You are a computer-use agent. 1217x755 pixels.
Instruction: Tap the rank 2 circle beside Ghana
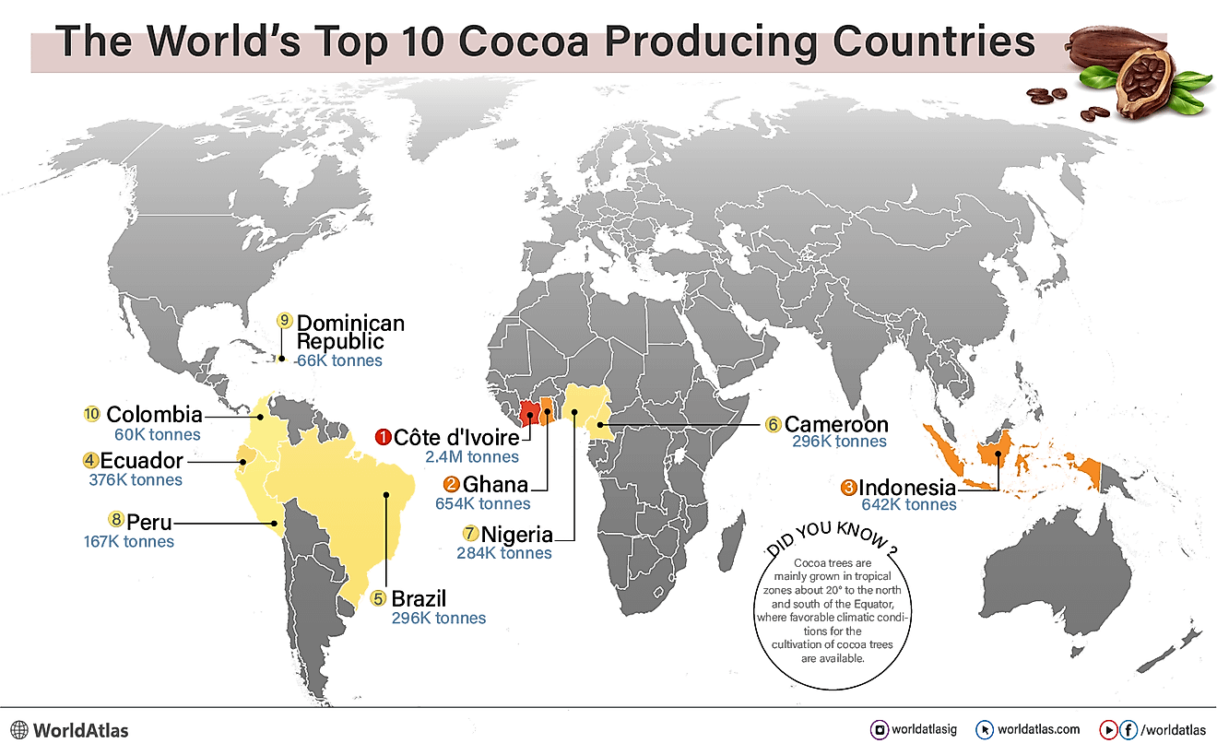(x=451, y=484)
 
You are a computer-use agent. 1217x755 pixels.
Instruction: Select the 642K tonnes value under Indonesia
(x=908, y=504)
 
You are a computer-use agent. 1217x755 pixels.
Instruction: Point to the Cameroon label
(x=836, y=424)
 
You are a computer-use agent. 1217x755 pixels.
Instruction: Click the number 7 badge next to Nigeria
(x=471, y=534)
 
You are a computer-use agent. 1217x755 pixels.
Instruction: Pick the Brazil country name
(x=419, y=598)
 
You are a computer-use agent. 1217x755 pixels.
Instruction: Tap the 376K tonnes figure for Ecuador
(x=133, y=479)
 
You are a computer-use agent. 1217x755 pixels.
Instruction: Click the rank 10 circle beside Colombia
(x=91, y=414)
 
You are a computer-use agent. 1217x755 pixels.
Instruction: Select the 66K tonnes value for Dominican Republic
(x=338, y=360)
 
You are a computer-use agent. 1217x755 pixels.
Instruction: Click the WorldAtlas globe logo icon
(x=18, y=730)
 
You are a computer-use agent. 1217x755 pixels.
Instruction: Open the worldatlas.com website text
(x=1038, y=729)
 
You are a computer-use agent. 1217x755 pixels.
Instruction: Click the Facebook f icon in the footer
(x=1128, y=729)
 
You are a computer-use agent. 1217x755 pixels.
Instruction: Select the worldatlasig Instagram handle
(x=924, y=729)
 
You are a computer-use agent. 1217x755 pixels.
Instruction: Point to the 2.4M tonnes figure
(x=472, y=456)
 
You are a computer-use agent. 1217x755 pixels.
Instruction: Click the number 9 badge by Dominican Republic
(x=284, y=321)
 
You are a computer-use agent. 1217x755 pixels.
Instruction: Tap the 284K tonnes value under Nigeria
(x=504, y=553)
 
